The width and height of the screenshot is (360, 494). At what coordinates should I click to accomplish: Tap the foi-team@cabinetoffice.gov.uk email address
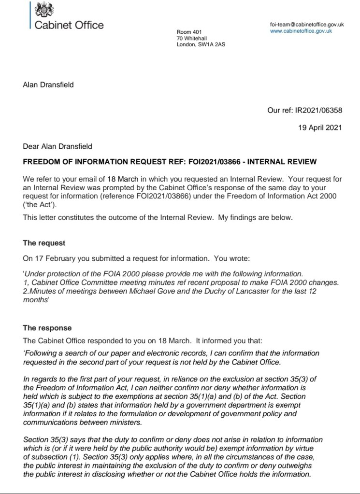click(307, 25)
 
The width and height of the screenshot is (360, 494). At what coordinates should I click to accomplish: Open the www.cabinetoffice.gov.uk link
click(301, 31)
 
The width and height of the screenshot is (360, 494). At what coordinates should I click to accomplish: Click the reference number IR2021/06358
click(318, 110)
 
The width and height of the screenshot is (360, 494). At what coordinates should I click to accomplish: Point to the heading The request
click(44, 243)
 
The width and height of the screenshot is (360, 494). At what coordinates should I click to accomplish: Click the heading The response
click(47, 328)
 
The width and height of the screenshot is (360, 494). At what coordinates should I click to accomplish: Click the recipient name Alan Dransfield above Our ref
click(48, 85)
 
